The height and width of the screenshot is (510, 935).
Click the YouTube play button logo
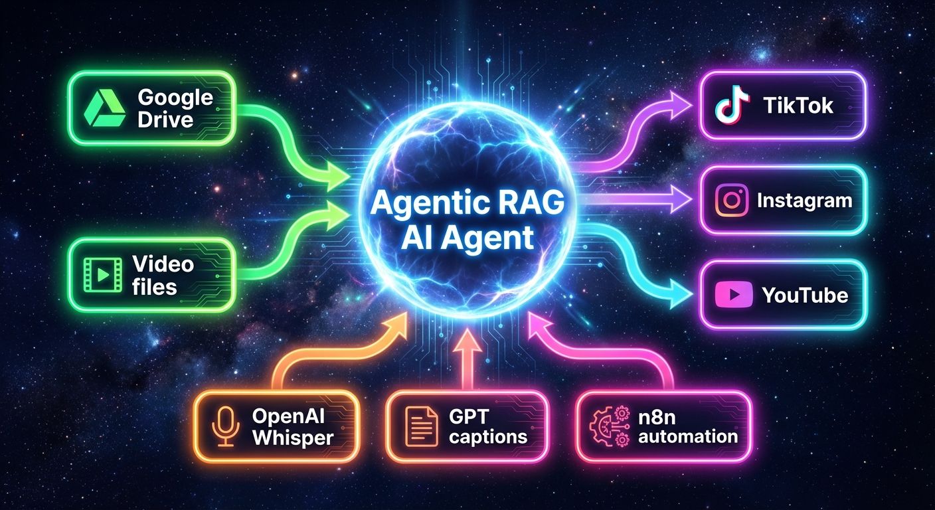732,294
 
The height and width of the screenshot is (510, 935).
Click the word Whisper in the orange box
292,438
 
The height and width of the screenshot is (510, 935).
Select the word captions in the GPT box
487,437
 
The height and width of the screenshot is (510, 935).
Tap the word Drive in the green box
166,120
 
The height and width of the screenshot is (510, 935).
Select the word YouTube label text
805,295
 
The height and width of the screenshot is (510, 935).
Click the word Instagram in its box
804,201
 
